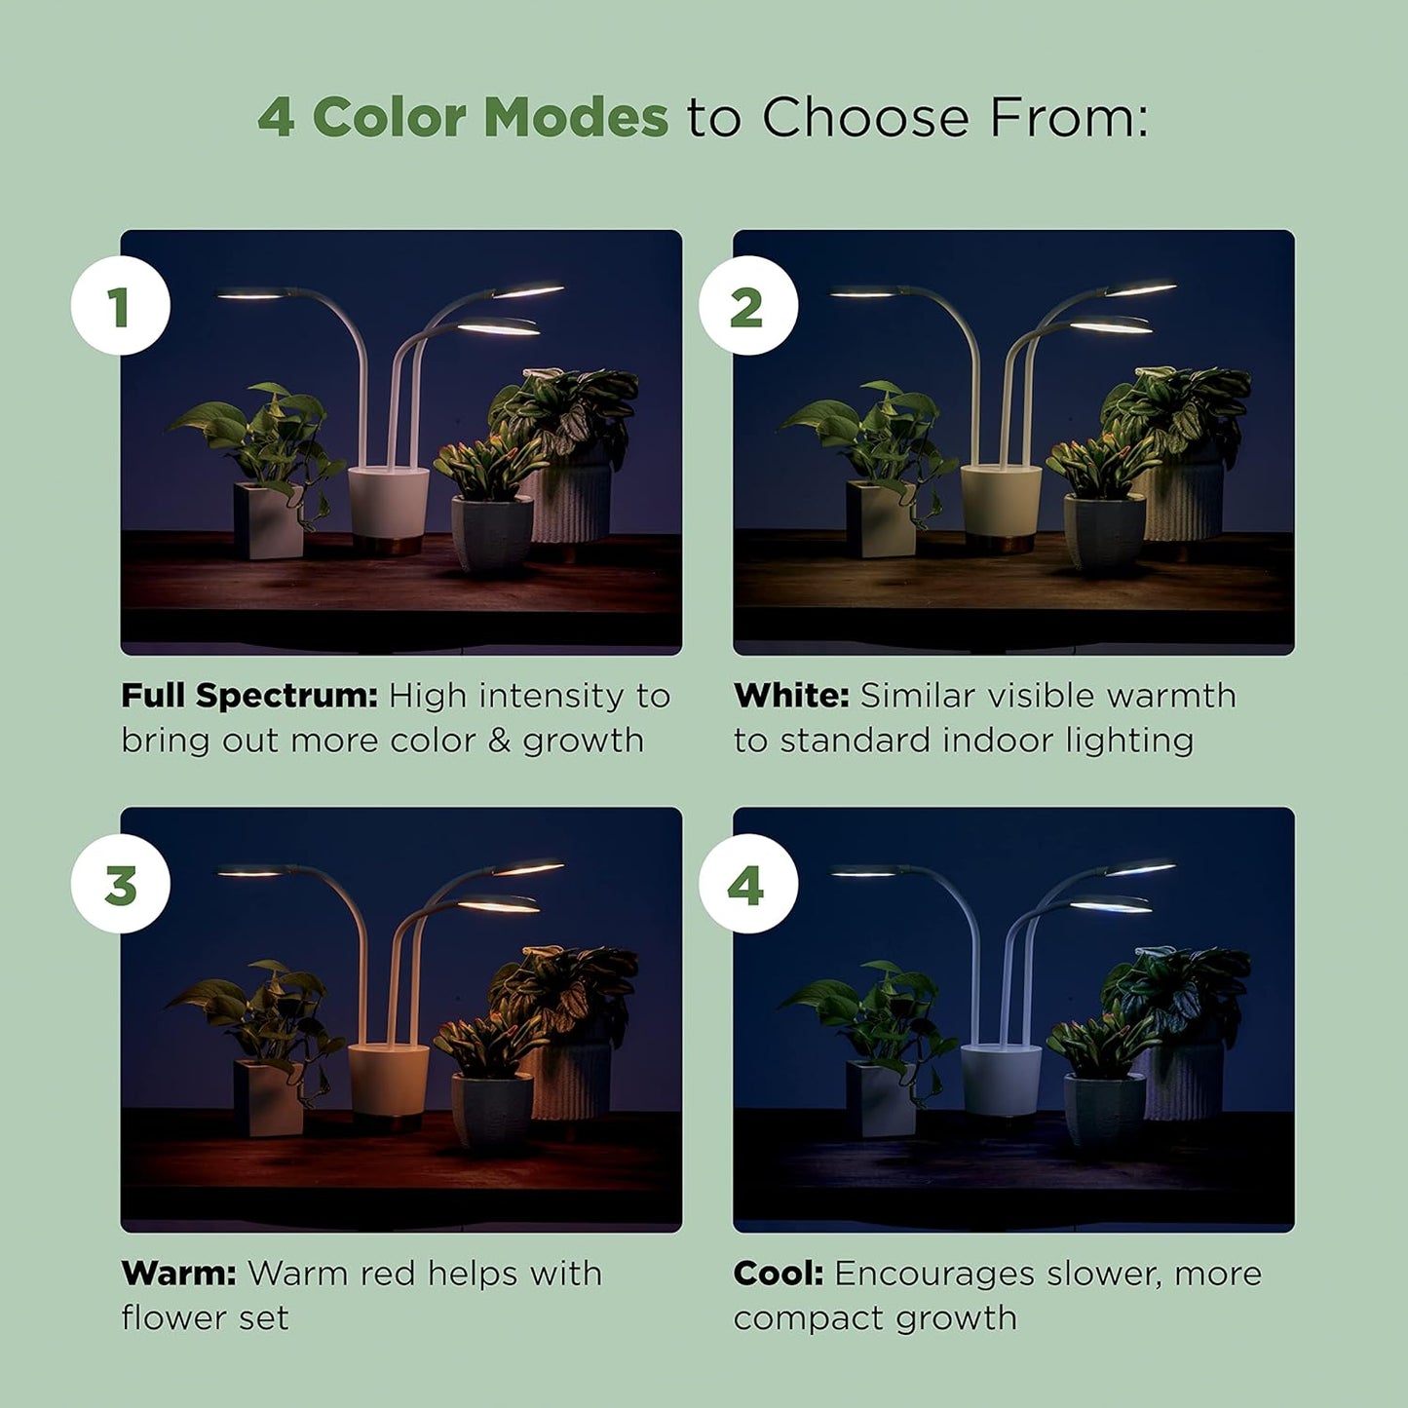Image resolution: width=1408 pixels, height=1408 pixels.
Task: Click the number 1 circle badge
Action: pyautogui.click(x=120, y=306)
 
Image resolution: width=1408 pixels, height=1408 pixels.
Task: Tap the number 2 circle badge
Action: pyautogui.click(x=747, y=306)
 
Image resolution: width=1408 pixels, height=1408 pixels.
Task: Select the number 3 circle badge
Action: pyautogui.click(x=120, y=884)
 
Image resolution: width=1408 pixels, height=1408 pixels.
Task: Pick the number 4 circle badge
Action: pyautogui.click(x=747, y=884)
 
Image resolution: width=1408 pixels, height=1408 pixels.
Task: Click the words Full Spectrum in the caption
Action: pyautogui.click(x=248, y=696)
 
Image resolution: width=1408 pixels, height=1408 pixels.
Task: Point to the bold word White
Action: pyautogui.click(x=791, y=696)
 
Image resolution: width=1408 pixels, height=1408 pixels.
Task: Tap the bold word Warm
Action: pyautogui.click(x=178, y=1273)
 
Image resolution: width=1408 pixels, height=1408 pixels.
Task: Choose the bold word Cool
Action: pyautogui.click(x=779, y=1273)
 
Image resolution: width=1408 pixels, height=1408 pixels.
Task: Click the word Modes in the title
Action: pyautogui.click(x=575, y=118)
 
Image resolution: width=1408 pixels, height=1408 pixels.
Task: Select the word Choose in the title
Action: pyautogui.click(x=865, y=118)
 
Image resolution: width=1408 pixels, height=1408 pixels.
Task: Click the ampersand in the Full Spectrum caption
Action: pyautogui.click(x=499, y=741)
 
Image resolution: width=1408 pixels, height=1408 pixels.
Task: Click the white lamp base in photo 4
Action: pyautogui.click(x=1000, y=1077)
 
